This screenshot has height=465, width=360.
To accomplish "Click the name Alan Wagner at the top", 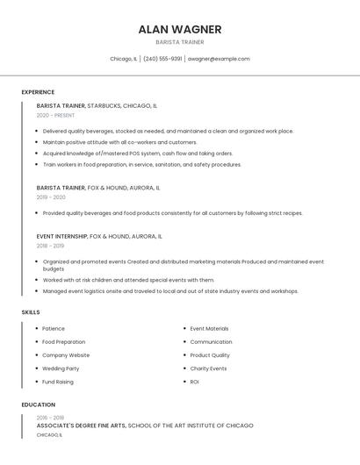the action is pos(180,29).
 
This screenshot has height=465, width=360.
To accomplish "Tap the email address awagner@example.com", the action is pos(219,59).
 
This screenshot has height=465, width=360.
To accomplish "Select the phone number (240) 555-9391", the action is pos(162,59).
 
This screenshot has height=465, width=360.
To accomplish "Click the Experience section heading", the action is pos(38,92).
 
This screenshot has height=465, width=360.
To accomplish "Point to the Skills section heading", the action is pos(31,312).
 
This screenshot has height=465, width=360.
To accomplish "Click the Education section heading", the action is pos(38,404).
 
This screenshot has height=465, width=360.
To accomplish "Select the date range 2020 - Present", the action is pos(55,115).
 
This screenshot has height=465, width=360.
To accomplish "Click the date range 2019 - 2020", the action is pos(51,197).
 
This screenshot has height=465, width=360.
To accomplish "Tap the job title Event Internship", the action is pos(61,236).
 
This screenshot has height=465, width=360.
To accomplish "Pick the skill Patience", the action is pos(54,329).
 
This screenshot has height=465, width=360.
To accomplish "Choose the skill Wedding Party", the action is pos(61,368).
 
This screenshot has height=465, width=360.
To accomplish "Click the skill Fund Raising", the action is pos(58,382).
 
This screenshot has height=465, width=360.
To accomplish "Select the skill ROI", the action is pos(195,382).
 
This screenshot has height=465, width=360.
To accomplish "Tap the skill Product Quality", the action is pos(210,355).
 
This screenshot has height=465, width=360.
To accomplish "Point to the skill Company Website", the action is pos(66,355).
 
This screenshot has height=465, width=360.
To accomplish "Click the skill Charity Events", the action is pos(208,368).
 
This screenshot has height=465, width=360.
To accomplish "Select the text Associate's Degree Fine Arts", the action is pos(81,426).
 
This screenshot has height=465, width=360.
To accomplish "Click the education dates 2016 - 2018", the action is pos(50,418).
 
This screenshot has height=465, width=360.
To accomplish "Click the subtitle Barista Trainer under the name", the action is pos(180,42).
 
